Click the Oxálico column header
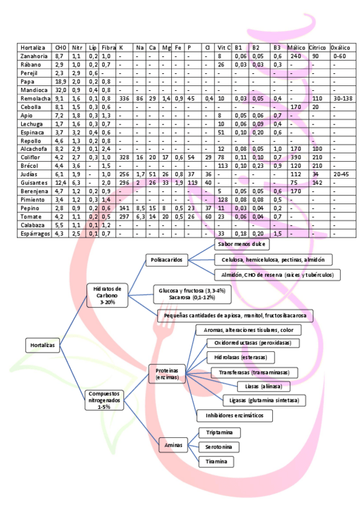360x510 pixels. [x=340, y=47]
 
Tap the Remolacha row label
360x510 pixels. [x=34, y=98]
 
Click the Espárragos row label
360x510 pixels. [x=34, y=233]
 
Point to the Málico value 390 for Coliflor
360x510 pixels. [x=296, y=157]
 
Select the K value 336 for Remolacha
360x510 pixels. [x=125, y=98]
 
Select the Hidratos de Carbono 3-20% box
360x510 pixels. [x=107, y=295]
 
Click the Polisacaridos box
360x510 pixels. [x=167, y=260]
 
